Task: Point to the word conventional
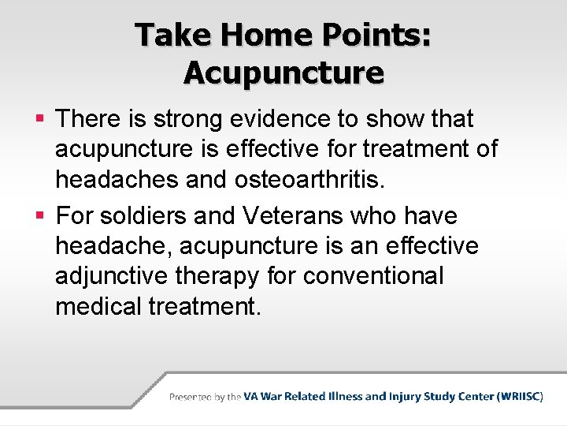tap(373, 276)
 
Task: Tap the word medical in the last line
tap(98, 306)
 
